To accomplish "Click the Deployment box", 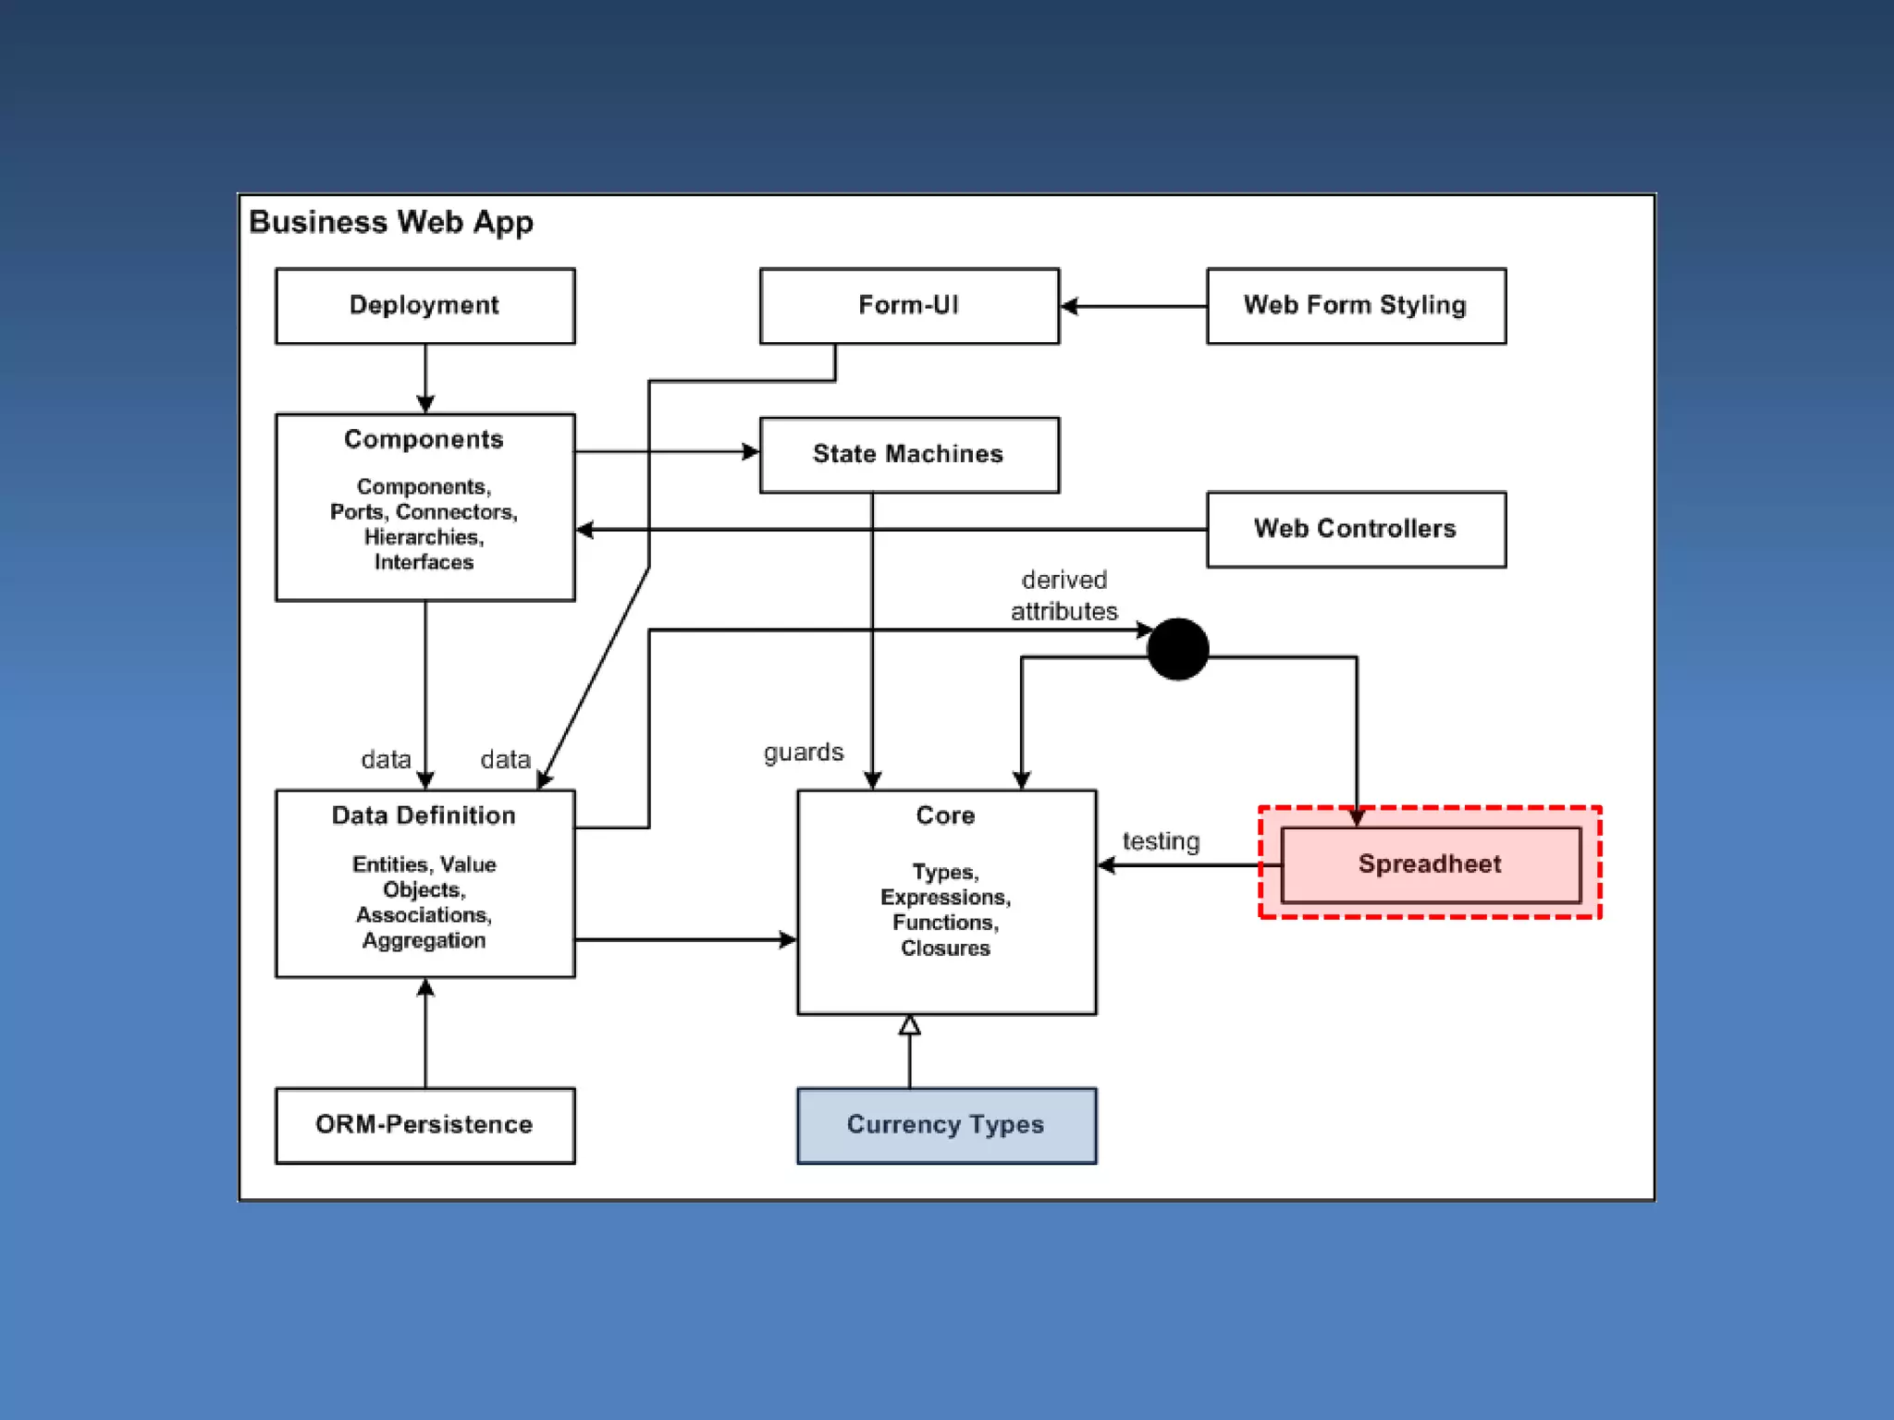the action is coord(425,306).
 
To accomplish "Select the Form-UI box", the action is coord(909,306).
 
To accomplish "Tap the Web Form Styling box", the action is coord(1357,306).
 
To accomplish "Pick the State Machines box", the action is coord(909,455).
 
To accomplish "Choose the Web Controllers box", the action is coord(1357,529).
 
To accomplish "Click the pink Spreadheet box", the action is coord(1431,864).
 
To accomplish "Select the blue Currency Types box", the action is coord(947,1125).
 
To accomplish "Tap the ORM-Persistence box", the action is coord(425,1125).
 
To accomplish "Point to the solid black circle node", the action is coord(1177,649).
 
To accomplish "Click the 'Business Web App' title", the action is coord(391,223).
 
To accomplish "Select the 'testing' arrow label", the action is coord(1161,841).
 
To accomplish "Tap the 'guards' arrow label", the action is coord(804,753).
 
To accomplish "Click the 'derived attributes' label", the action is coord(1064,595).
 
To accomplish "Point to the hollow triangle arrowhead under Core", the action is coord(910,1024).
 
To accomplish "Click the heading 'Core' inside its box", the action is coord(945,815).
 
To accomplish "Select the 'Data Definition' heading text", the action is coord(424,815).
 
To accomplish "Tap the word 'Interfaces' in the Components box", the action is coord(424,562).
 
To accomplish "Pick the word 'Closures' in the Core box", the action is coord(945,948).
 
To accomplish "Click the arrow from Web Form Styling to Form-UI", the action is coord(1134,306).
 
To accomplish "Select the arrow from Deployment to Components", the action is coord(425,379).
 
